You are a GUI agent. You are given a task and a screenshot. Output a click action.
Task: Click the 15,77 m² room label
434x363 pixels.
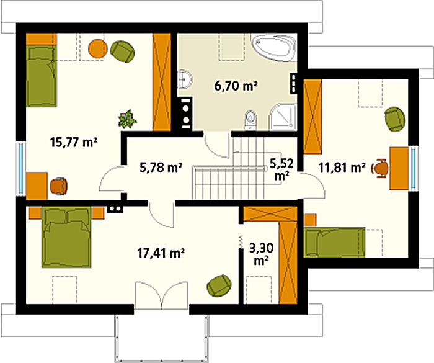click(73, 143)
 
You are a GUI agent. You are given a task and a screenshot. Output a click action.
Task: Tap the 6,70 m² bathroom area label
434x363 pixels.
click(236, 86)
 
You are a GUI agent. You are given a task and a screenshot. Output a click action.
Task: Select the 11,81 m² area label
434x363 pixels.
click(342, 168)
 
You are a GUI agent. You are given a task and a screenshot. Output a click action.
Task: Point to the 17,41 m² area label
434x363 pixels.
click(161, 253)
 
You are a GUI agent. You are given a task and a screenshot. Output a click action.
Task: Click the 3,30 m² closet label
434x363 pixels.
click(261, 254)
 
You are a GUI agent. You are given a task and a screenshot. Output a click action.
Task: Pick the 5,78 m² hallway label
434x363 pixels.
click(161, 168)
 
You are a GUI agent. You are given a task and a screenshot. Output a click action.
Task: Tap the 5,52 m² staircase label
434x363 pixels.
click(281, 169)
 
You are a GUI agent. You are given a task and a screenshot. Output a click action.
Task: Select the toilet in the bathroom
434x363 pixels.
click(250, 120)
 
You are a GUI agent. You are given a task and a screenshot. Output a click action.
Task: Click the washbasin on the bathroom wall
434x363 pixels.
click(185, 79)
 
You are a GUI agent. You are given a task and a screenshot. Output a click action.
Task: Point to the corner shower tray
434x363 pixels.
click(283, 117)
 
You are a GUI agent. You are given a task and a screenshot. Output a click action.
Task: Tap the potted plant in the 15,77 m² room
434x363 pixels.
click(127, 119)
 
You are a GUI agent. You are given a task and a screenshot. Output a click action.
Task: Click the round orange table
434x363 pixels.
click(98, 49)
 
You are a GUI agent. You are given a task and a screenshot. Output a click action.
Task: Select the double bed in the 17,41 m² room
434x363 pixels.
click(66, 238)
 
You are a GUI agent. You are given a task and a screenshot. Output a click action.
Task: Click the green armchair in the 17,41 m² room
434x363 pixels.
click(219, 285)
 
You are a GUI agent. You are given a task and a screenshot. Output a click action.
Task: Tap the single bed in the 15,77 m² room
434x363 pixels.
click(42, 76)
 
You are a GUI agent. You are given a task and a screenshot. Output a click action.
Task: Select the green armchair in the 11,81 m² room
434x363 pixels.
click(395, 119)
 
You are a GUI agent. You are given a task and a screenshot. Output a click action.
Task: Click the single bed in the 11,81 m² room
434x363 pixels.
click(334, 243)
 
